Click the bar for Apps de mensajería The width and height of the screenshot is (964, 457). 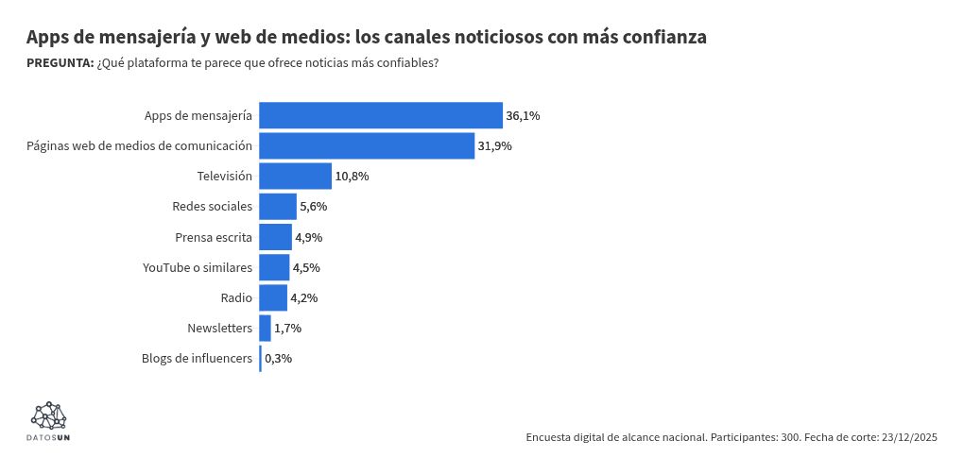coord(380,115)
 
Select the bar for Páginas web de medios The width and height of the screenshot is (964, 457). coord(367,145)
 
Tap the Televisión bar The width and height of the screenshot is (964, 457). coord(295,177)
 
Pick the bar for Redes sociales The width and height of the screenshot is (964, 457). coord(278,207)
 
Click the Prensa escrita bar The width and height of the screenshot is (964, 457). coord(275,237)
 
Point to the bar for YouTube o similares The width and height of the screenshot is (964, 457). coord(274,267)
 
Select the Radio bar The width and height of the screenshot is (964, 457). coord(273,297)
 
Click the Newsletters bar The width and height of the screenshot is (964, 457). coord(265,329)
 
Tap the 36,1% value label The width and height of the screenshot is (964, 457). coord(523,116)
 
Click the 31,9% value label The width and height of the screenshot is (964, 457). coord(494,146)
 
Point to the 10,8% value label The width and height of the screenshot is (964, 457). coord(352,177)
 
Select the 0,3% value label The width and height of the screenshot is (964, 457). coord(278,359)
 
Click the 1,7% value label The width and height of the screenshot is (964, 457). coord(287,329)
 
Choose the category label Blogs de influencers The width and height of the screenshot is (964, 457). coord(197,359)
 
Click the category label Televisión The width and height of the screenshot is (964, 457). coord(224,177)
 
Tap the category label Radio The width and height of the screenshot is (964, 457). coord(236,297)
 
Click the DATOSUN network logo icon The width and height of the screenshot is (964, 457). coord(49,415)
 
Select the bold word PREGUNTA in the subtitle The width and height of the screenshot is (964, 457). coord(60,63)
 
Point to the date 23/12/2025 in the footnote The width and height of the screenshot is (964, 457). coord(908,437)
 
